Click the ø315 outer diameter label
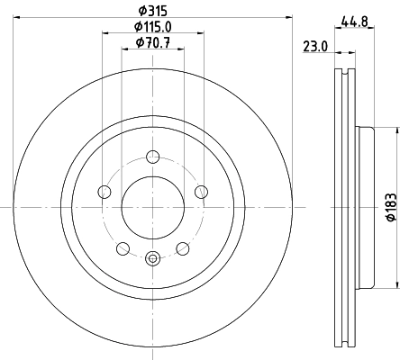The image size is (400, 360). [152, 11]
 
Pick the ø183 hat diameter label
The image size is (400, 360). [391, 206]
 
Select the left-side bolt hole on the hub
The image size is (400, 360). [105, 191]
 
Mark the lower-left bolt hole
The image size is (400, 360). [123, 247]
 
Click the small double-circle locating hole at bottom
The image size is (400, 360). [152, 259]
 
